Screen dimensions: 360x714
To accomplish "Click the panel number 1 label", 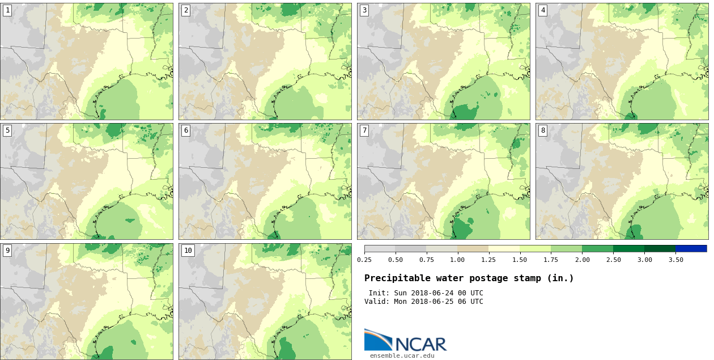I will click(x=7, y=10).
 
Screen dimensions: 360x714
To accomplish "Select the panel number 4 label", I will click(x=543, y=10).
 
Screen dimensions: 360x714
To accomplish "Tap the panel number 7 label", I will click(x=364, y=130).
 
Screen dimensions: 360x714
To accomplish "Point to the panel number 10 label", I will click(x=188, y=251).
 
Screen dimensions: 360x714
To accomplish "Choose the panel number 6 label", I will click(x=186, y=130).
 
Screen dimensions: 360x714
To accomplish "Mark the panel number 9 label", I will click(x=7, y=251).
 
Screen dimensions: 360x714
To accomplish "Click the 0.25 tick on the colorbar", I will click(x=364, y=260).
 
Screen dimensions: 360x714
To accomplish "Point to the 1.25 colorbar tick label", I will click(x=488, y=260).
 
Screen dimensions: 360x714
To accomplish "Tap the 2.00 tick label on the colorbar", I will click(x=582, y=260).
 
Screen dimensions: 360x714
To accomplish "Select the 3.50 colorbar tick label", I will click(x=675, y=260).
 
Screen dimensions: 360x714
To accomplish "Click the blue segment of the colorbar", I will click(x=691, y=248).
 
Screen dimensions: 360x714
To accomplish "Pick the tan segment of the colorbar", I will click(x=473, y=248).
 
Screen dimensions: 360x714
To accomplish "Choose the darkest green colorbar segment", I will click(x=660, y=248).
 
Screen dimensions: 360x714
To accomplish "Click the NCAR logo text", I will click(x=420, y=344).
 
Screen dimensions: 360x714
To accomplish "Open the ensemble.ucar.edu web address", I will click(x=402, y=355).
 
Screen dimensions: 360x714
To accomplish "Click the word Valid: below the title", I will click(x=377, y=302).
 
